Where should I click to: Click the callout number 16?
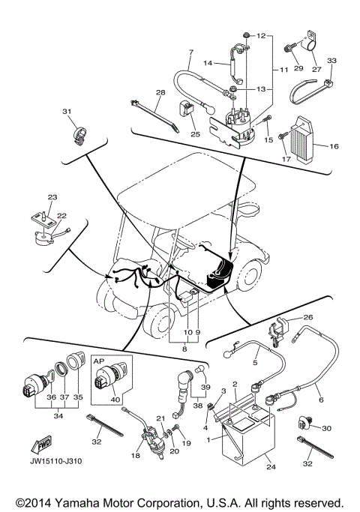click(334, 147)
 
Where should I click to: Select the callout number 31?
click(67, 112)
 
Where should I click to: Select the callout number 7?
click(190, 53)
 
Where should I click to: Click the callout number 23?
click(52, 197)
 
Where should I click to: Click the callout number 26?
click(308, 317)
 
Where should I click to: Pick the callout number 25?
click(196, 135)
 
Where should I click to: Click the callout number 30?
click(326, 428)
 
